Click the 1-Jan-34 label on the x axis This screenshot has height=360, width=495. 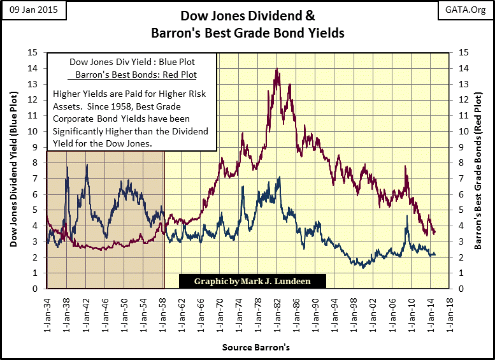[47, 312]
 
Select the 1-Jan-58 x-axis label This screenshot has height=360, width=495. [164, 312]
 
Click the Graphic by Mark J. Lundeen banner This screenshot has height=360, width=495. [253, 281]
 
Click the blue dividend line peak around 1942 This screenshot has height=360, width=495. [87, 166]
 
